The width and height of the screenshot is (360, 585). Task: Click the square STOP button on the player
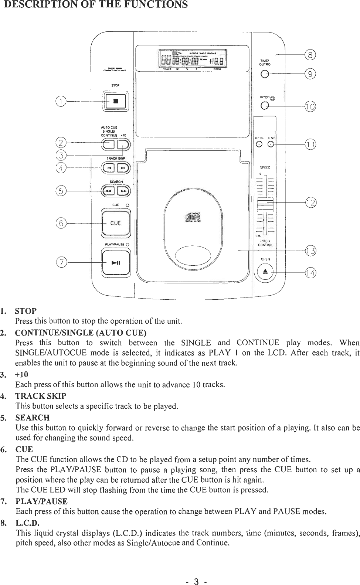[x=115, y=101]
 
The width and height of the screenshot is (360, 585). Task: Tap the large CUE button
[x=115, y=223]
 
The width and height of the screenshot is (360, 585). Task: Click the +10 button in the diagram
[x=123, y=144]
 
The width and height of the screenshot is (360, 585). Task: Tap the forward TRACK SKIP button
[x=123, y=169]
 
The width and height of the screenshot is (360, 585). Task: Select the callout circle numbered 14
[x=311, y=273]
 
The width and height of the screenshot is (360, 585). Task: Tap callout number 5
[x=60, y=191]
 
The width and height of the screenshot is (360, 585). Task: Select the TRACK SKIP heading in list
[x=41, y=396]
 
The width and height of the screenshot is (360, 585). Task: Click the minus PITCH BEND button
[x=259, y=144]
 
